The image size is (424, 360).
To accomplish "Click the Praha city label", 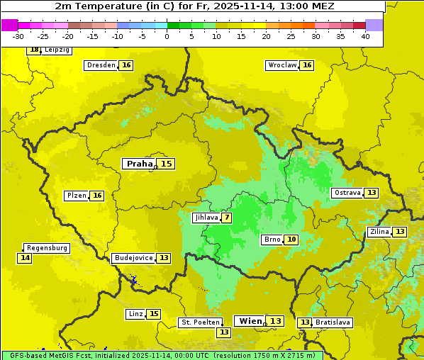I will click(x=139, y=164).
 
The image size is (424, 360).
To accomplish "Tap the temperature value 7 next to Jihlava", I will click(x=226, y=218).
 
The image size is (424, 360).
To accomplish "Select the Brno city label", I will click(x=272, y=240).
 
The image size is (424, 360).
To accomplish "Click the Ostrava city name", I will click(x=347, y=193).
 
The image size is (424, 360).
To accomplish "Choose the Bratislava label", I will click(x=333, y=322).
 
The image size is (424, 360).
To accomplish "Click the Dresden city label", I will click(x=100, y=65).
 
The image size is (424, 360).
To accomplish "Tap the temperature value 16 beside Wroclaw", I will click(x=307, y=65).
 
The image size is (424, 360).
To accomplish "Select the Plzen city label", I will click(x=77, y=196).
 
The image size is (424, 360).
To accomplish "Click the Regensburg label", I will click(x=47, y=248).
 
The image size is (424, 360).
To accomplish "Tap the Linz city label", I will click(x=135, y=314).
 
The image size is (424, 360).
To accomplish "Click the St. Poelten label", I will click(x=200, y=322).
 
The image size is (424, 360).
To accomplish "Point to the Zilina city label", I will click(x=379, y=232).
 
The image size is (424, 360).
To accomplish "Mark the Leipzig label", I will click(x=57, y=50).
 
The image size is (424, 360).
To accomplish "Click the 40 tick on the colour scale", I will click(x=365, y=36).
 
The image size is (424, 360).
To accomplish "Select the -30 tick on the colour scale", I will click(x=18, y=36).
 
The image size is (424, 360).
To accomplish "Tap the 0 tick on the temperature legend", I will click(x=167, y=36).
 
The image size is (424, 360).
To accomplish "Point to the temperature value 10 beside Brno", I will click(x=291, y=240).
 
